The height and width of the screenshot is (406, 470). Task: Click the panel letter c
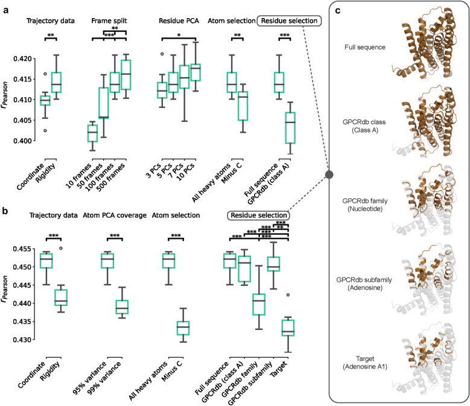[x=338, y=11]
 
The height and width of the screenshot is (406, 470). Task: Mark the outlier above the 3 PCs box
[x=162, y=54]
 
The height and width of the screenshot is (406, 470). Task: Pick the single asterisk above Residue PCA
[x=179, y=35]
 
